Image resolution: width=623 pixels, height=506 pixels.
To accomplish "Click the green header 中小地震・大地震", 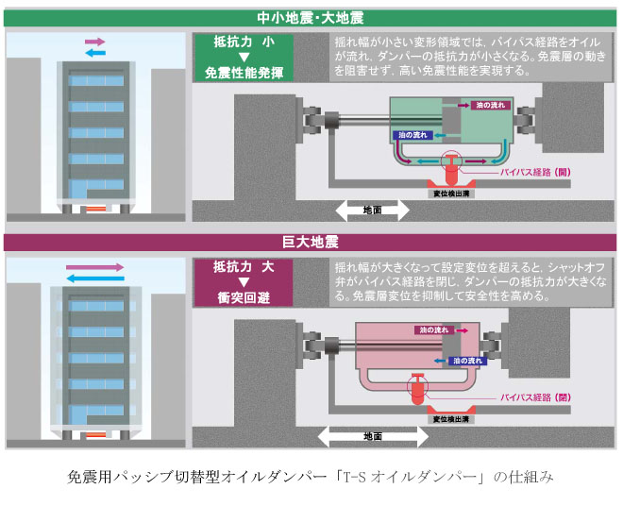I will [311, 18].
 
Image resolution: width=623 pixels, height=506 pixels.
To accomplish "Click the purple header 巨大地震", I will [311, 243].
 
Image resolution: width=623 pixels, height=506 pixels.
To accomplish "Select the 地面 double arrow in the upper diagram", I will [371, 210].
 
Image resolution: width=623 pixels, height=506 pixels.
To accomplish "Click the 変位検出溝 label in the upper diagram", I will [451, 193].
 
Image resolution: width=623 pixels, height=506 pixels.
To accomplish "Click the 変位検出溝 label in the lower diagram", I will [451, 418].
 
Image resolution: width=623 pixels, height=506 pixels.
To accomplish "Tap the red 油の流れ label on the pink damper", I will [434, 329].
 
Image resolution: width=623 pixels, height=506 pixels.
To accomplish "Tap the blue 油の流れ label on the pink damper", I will [468, 361].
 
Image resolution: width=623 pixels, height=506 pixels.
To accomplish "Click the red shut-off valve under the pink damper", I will [416, 388].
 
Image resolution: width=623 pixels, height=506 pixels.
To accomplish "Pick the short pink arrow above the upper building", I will [94, 42].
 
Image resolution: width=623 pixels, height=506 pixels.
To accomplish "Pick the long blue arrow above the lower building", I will [94, 278].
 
